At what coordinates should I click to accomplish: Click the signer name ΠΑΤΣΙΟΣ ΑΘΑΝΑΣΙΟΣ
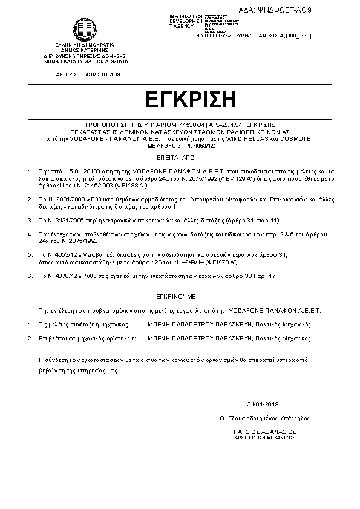[265, 432]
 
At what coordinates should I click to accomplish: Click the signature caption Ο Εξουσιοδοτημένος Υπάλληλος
[265, 418]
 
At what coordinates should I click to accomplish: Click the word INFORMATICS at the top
[186, 16]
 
